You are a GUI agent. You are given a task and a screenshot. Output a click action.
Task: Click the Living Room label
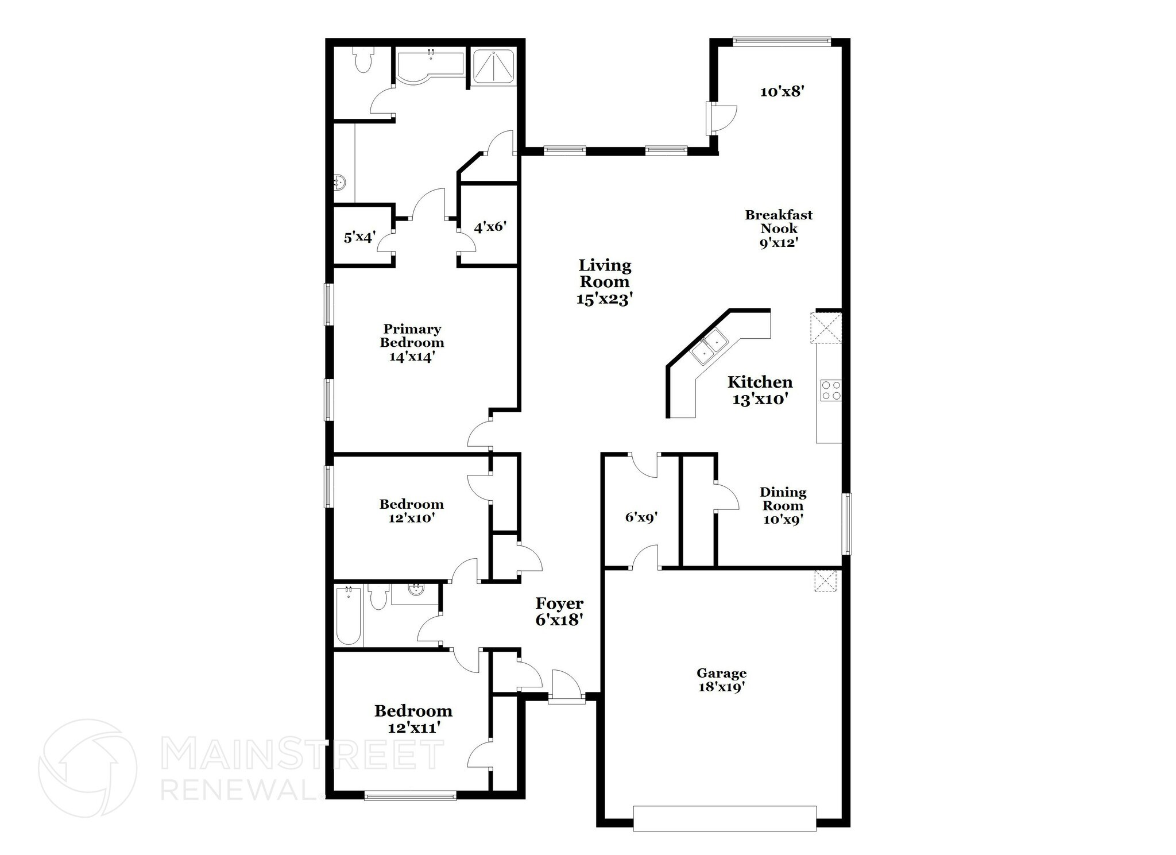pos(605,281)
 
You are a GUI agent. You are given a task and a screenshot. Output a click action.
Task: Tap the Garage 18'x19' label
pos(721,680)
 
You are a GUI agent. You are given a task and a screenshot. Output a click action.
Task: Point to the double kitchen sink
pos(709,348)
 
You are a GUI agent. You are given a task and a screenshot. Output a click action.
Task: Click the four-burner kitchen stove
pos(830,390)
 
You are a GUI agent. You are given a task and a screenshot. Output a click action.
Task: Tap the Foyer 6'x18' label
pos(559,611)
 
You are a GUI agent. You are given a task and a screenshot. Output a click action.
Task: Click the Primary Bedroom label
pos(412,343)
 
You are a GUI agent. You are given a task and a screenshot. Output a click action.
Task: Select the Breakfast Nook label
pos(779,228)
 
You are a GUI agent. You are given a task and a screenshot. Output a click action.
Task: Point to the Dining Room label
pos(783,505)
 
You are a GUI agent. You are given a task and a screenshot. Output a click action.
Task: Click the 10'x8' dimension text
pos(780,91)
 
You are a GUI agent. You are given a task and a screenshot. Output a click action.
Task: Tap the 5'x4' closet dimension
pos(359,237)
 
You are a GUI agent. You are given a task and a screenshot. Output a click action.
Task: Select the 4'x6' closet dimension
pos(489,227)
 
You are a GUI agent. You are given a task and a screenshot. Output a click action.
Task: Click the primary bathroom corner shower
pos(493,67)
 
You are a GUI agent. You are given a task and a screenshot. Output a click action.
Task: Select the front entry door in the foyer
pos(566,688)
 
